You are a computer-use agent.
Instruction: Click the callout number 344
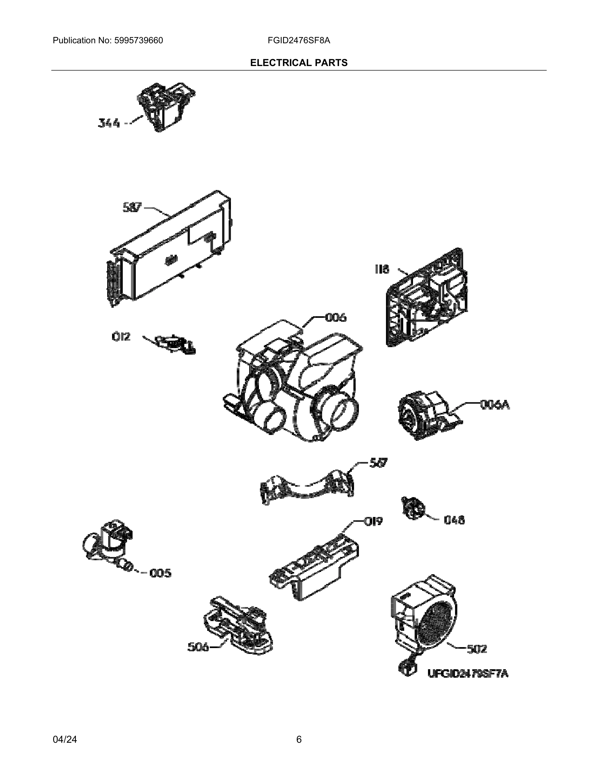(x=109, y=123)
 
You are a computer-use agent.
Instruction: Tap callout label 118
(x=382, y=269)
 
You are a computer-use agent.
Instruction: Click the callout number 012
(x=121, y=337)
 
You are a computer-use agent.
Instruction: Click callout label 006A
(x=494, y=404)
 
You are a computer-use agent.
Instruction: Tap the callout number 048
(x=454, y=520)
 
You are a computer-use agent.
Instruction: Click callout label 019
(x=373, y=521)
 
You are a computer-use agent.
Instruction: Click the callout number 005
(x=160, y=573)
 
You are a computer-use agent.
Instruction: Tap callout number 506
(x=198, y=647)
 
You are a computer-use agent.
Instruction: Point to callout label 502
(x=477, y=649)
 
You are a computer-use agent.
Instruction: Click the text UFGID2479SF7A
(x=468, y=673)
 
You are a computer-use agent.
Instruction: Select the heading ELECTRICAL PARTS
(x=299, y=63)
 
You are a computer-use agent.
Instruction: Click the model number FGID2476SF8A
(x=299, y=40)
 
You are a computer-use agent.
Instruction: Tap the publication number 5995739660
(x=138, y=40)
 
